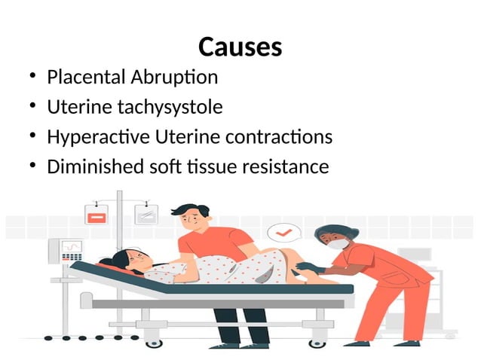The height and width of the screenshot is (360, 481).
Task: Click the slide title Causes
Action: pos(240,47)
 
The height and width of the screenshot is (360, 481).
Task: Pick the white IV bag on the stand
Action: pos(145,215)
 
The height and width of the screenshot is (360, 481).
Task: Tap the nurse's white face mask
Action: pos(337,244)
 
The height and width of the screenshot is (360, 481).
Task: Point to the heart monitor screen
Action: pos(71,247)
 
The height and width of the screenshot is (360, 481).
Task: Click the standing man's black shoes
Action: pos(240,345)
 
